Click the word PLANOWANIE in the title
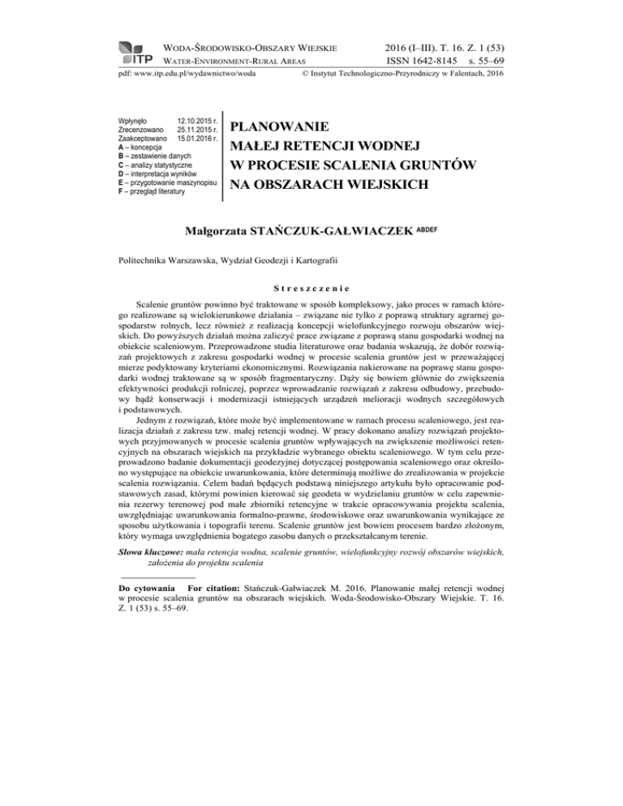pos(280,127)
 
